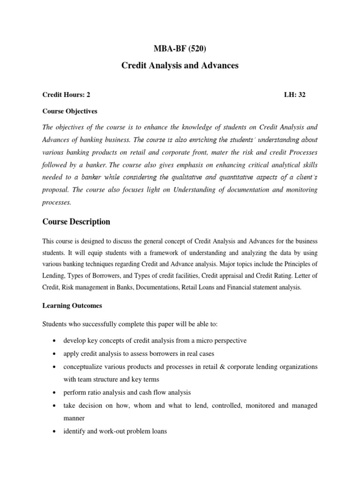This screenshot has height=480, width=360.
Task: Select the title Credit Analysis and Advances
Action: click(x=180, y=66)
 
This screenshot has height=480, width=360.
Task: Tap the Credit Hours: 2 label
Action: click(x=66, y=95)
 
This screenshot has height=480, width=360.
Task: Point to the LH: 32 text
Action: click(x=295, y=95)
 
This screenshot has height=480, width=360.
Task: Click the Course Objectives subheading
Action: click(x=70, y=111)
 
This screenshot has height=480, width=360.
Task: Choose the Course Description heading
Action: click(x=76, y=221)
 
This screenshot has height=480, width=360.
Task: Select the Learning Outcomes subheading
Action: click(x=72, y=306)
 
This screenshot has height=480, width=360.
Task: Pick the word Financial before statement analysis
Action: click(x=244, y=288)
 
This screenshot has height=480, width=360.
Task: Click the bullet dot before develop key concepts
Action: click(x=56, y=340)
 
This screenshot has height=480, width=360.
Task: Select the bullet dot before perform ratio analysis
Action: click(x=56, y=392)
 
